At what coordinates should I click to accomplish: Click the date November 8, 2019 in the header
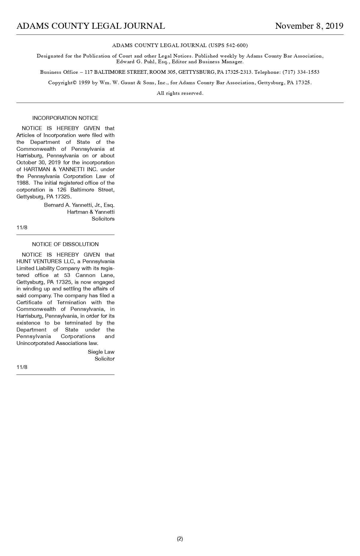(x=309, y=26)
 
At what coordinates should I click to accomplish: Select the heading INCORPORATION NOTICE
(x=65, y=118)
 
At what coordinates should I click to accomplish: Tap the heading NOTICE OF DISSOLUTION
(x=65, y=244)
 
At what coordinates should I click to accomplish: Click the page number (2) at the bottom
(x=180, y=539)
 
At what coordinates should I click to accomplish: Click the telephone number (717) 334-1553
(x=301, y=72)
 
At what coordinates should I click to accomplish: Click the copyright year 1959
(x=84, y=83)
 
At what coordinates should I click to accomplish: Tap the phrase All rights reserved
(x=180, y=93)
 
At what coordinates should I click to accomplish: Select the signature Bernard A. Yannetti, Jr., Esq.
(x=79, y=205)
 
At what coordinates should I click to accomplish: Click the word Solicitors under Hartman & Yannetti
(x=103, y=219)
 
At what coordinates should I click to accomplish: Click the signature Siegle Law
(x=101, y=352)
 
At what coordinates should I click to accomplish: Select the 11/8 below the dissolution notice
(x=22, y=367)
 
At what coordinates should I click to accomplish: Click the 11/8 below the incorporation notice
(x=22, y=227)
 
